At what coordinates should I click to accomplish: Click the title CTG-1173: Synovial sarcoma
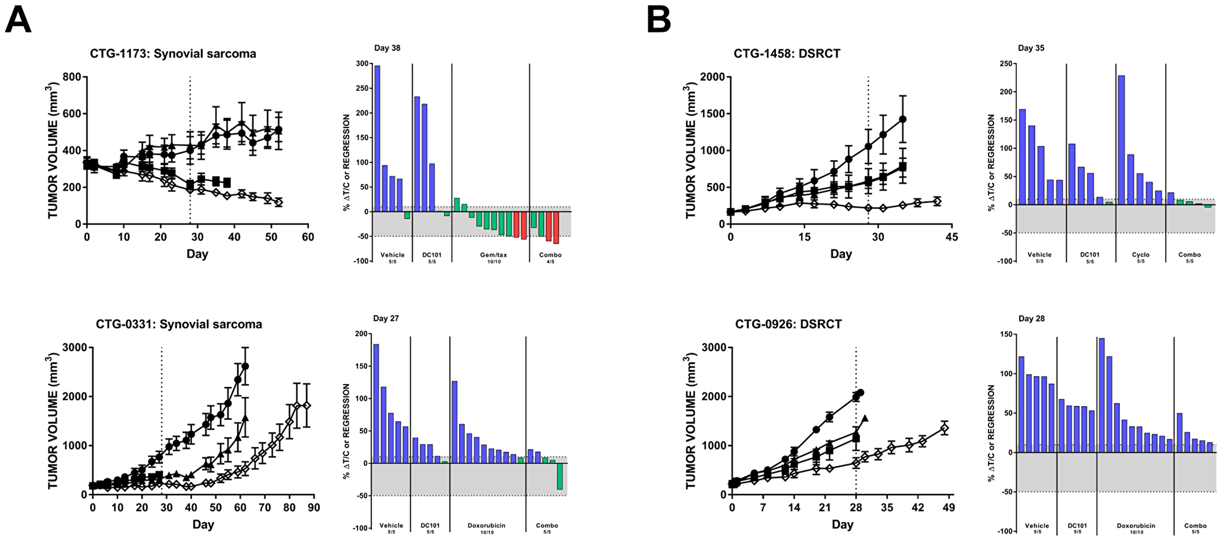pyautogui.click(x=173, y=54)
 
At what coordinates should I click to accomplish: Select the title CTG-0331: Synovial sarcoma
pyautogui.click(x=178, y=324)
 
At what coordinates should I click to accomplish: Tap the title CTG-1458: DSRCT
pyautogui.click(x=786, y=54)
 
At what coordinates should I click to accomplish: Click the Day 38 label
pyautogui.click(x=387, y=48)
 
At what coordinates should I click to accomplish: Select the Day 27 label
pyautogui.click(x=386, y=319)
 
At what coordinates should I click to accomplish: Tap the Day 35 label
pyautogui.click(x=1031, y=48)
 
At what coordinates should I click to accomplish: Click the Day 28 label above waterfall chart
pyautogui.click(x=1031, y=319)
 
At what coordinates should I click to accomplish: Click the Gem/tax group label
pyautogui.click(x=489, y=255)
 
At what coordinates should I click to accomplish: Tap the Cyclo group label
pyautogui.click(x=1140, y=255)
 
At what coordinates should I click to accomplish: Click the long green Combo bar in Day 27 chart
pyautogui.click(x=560, y=476)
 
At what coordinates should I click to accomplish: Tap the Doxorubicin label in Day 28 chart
pyautogui.click(x=1136, y=526)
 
